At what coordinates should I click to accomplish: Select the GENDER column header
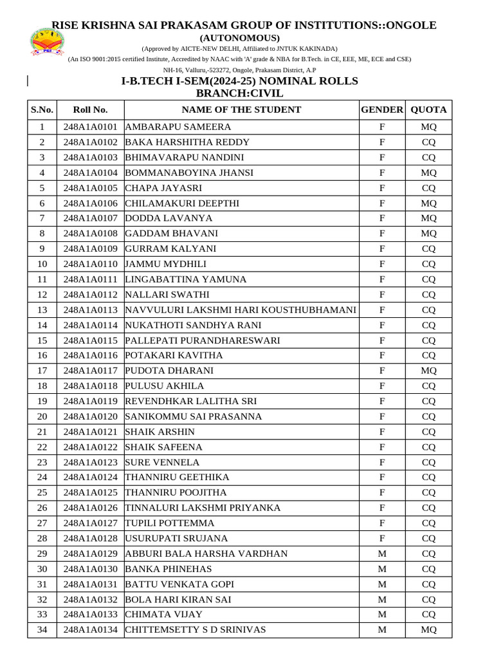point(381,109)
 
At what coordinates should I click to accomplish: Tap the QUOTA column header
point(428,109)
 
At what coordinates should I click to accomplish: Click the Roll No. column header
point(91,109)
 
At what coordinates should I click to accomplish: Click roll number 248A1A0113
point(91,310)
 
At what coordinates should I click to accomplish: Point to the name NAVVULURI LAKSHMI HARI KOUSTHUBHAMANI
point(241,310)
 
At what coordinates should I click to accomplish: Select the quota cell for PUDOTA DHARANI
point(428,371)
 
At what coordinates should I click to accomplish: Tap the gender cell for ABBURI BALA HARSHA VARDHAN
point(381,553)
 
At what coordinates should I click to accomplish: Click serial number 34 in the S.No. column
point(42,630)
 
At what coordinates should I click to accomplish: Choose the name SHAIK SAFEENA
point(163,447)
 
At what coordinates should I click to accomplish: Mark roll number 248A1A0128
point(91,539)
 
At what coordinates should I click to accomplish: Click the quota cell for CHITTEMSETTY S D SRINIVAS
point(428,630)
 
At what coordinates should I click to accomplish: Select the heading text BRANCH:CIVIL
point(239,93)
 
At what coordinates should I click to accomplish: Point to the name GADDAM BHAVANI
point(171,234)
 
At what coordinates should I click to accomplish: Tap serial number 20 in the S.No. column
point(42,416)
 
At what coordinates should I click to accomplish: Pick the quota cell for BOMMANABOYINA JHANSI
point(428,172)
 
